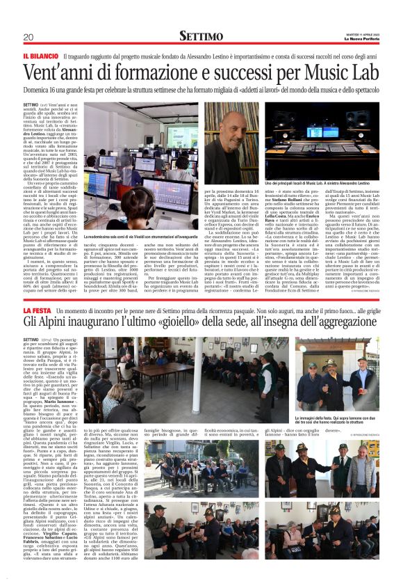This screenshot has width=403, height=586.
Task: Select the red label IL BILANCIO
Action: [x=40, y=56]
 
